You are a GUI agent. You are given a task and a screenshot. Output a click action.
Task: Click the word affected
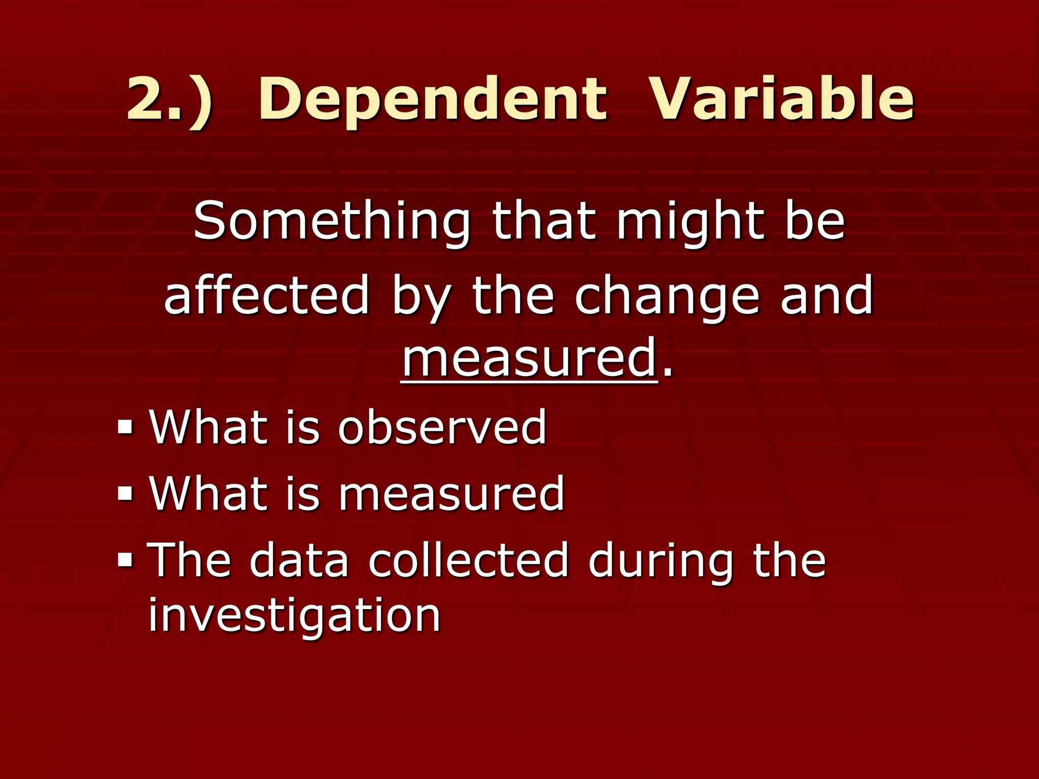[x=266, y=296]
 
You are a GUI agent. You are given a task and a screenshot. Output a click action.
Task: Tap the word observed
[x=442, y=427]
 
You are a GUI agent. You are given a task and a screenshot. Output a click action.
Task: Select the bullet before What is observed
[x=125, y=427]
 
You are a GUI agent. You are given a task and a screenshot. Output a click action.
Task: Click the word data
[x=299, y=560]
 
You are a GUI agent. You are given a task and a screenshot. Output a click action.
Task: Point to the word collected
[x=468, y=560]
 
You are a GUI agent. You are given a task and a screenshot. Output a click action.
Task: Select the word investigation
[x=294, y=616]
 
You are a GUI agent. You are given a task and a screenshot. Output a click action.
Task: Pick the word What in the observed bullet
[x=208, y=427]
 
